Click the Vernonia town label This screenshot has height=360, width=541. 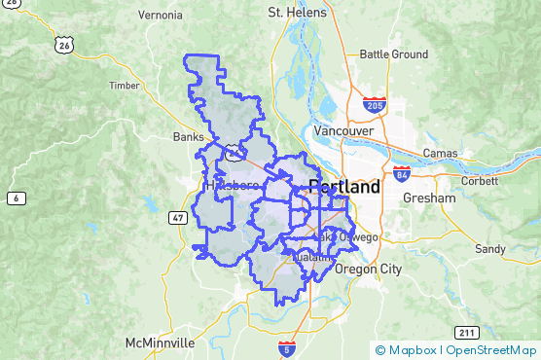pyautogui.click(x=161, y=15)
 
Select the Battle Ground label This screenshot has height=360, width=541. pyautogui.click(x=393, y=54)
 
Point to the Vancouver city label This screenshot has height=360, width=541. pyautogui.click(x=343, y=130)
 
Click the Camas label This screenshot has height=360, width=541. pyautogui.click(x=440, y=154)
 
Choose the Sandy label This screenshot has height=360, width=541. pyautogui.click(x=489, y=249)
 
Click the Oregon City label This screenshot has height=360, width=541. pyautogui.click(x=368, y=269)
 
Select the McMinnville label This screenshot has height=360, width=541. pyautogui.click(x=161, y=343)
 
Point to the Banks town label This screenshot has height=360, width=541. pyautogui.click(x=188, y=136)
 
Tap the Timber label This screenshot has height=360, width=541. pyautogui.click(x=125, y=86)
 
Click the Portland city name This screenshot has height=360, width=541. pyautogui.click(x=344, y=188)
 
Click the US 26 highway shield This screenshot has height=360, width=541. pyautogui.click(x=65, y=45)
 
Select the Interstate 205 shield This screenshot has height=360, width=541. pyautogui.click(x=376, y=104)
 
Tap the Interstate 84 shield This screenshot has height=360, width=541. pyautogui.click(x=402, y=175)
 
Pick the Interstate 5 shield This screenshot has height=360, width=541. pyautogui.click(x=286, y=346)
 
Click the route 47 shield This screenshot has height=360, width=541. pyautogui.click(x=178, y=216)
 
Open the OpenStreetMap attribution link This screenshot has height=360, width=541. pyautogui.click(x=491, y=350)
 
